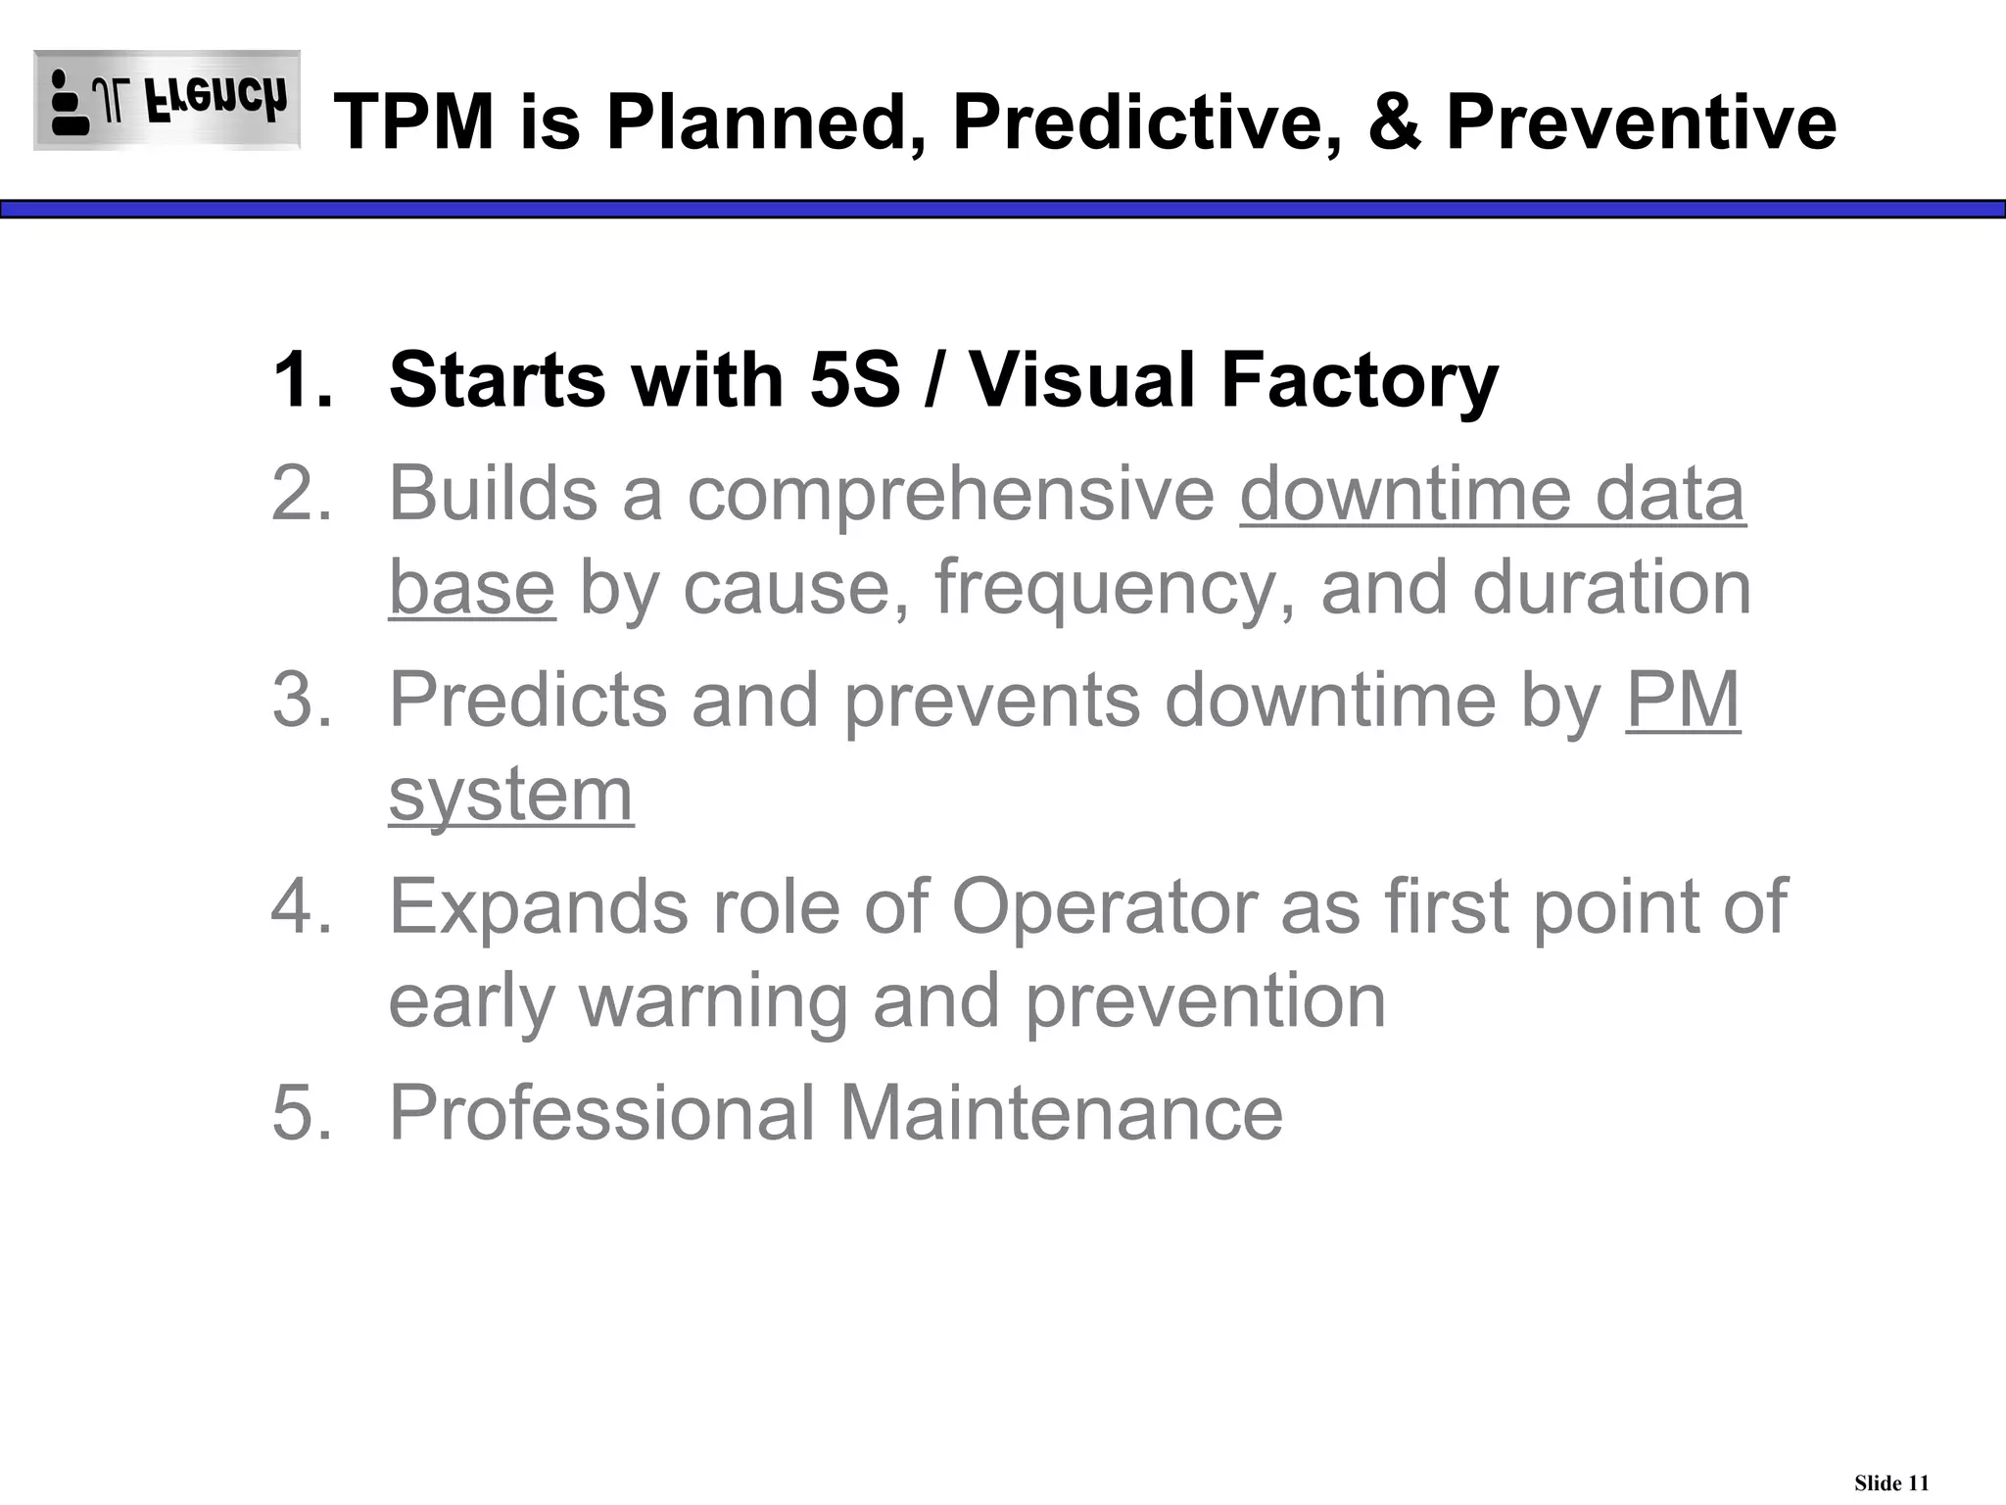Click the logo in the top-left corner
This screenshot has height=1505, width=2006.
pyautogui.click(x=167, y=100)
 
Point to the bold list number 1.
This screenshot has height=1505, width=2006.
pyautogui.click(x=301, y=380)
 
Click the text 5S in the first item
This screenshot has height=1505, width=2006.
pyautogui.click(x=854, y=380)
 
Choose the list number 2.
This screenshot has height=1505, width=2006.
pyautogui.click(x=301, y=493)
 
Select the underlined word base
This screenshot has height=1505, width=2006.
pyautogui.click(x=472, y=587)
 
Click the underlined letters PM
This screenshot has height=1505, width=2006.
pyautogui.click(x=1683, y=700)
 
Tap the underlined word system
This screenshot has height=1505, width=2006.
pyautogui.click(x=510, y=795)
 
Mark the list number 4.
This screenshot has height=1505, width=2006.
pyautogui.click(x=301, y=906)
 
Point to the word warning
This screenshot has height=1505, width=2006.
pyautogui.click(x=713, y=1002)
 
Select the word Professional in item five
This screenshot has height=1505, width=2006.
pyautogui.click(x=602, y=1112)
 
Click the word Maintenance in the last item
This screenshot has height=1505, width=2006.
pyautogui.click(x=1061, y=1112)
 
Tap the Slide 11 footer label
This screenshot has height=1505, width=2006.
pyautogui.click(x=1890, y=1483)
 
